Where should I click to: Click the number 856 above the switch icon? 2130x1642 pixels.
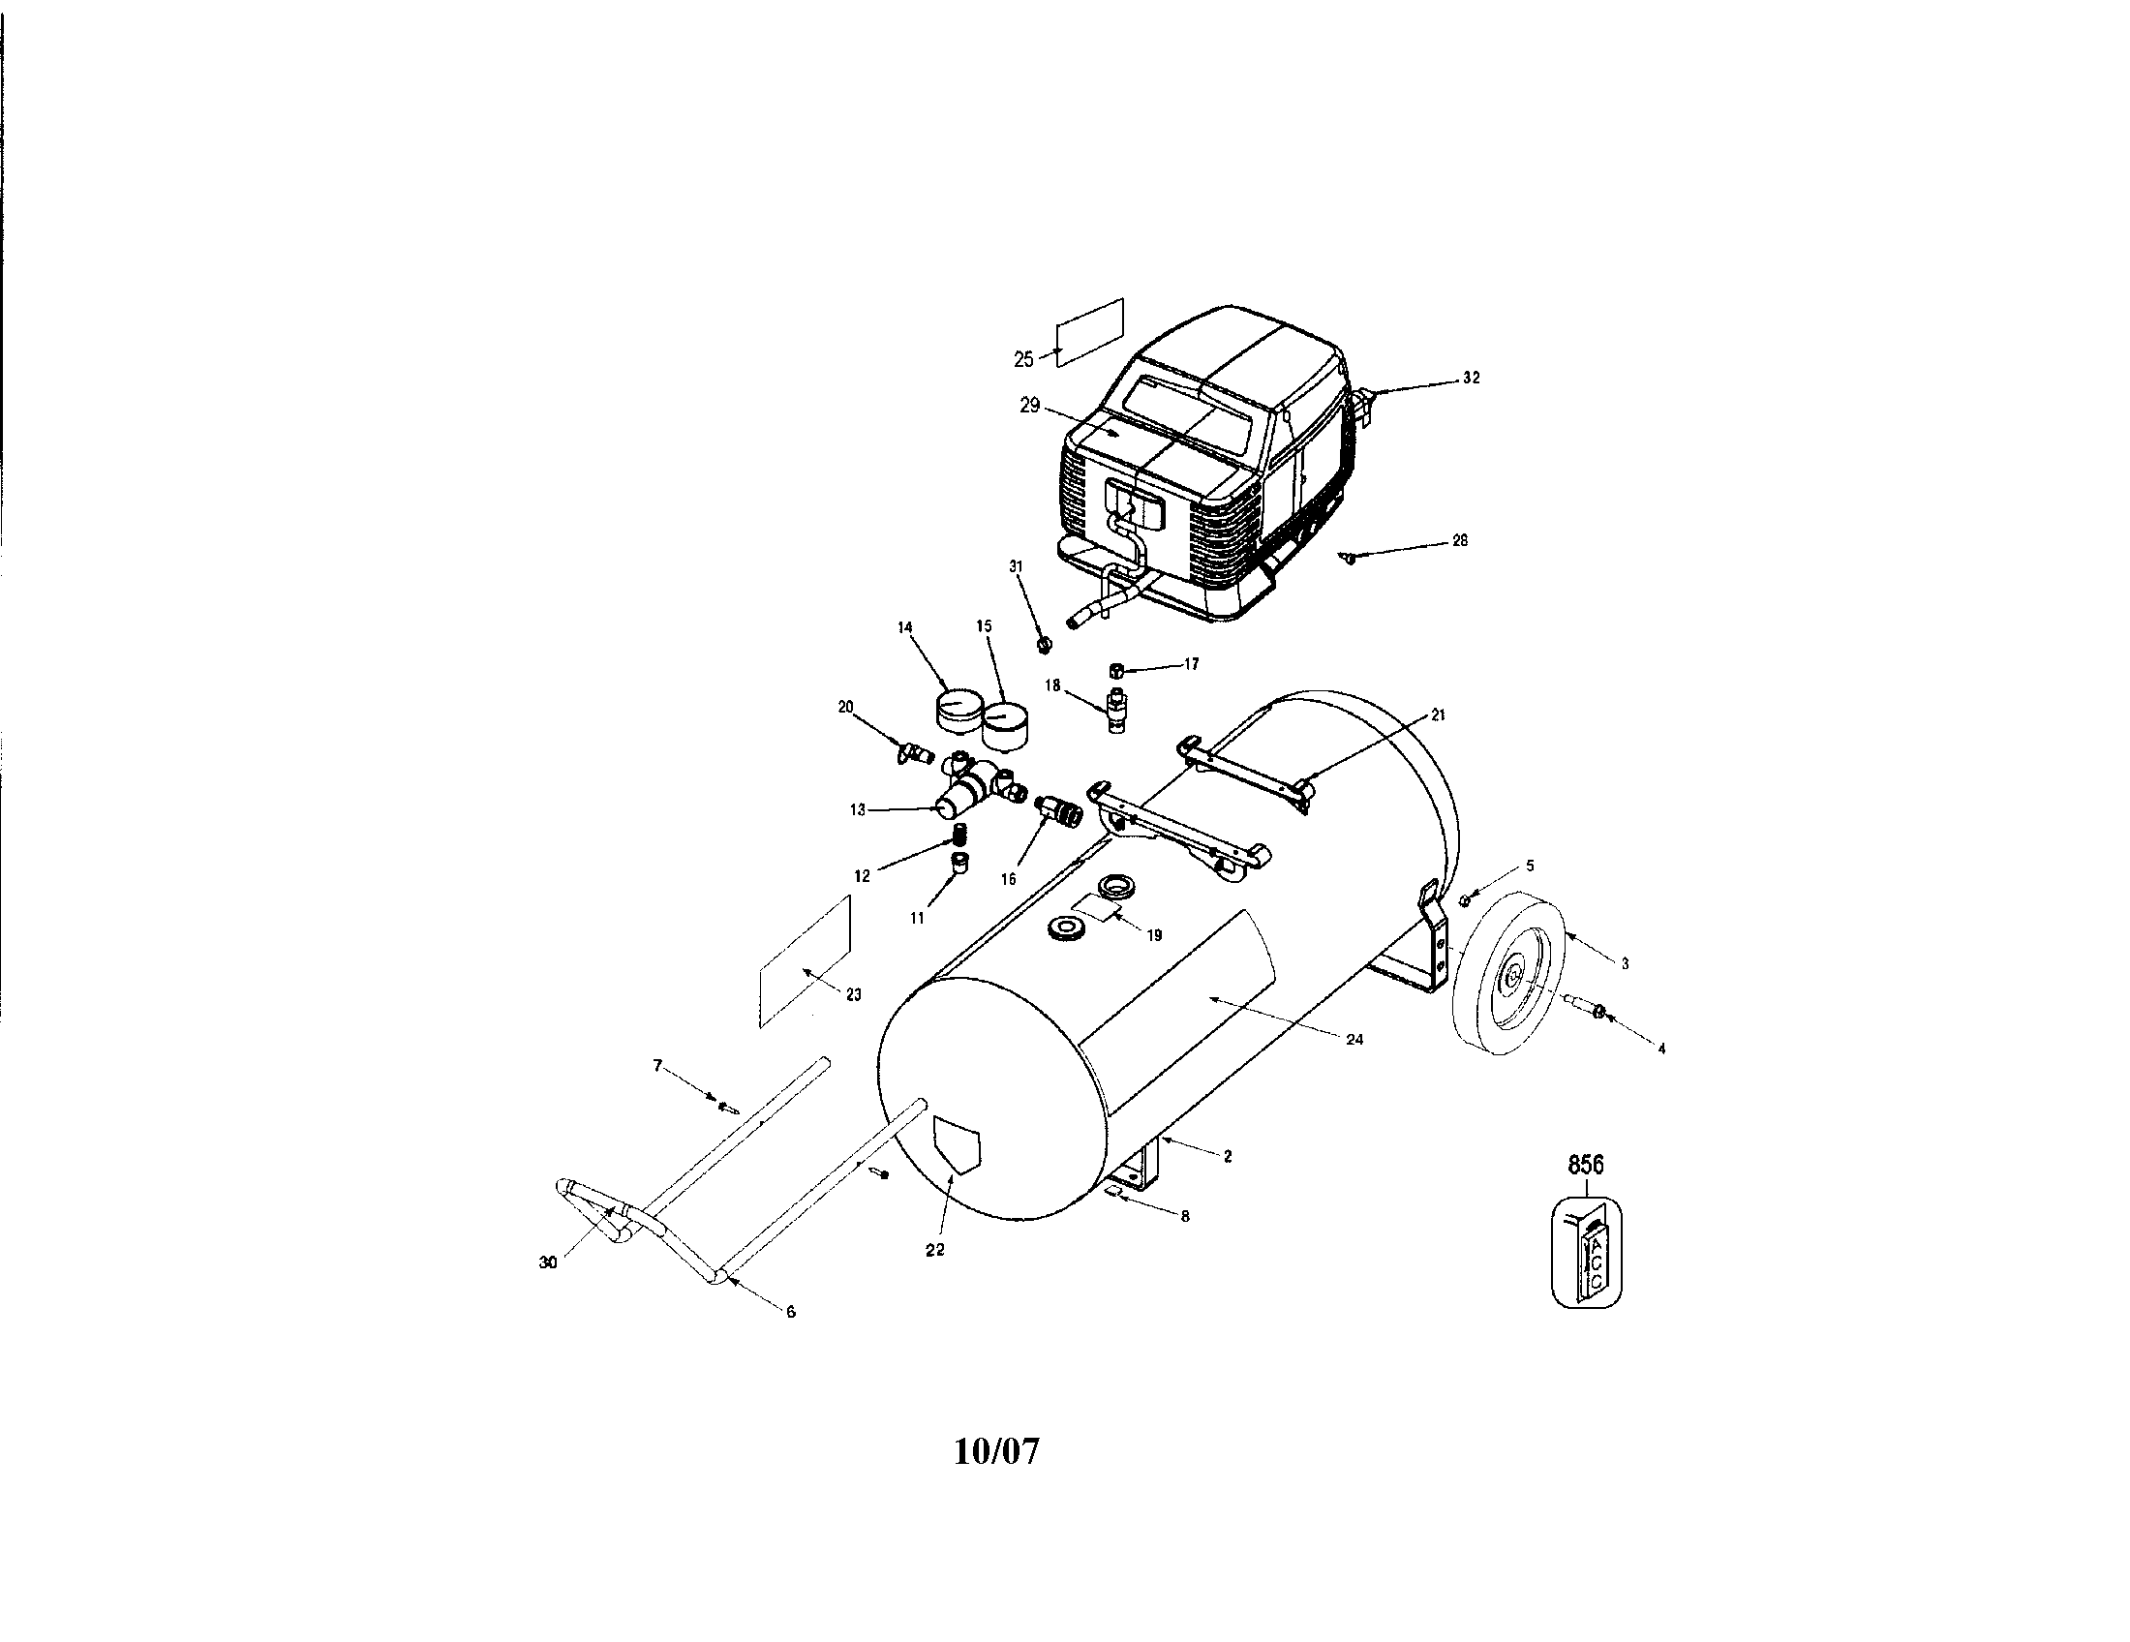point(1586,1165)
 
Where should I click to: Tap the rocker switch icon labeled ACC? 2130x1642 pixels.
point(1587,1255)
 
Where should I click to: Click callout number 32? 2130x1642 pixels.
point(1472,379)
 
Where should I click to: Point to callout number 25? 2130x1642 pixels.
point(1023,360)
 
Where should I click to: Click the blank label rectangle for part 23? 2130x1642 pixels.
point(806,961)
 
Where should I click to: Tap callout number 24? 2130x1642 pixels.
point(1354,1040)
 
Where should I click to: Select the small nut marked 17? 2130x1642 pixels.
point(1117,671)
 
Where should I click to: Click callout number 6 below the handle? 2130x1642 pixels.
point(790,1313)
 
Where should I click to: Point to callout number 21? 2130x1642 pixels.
point(1438,715)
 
